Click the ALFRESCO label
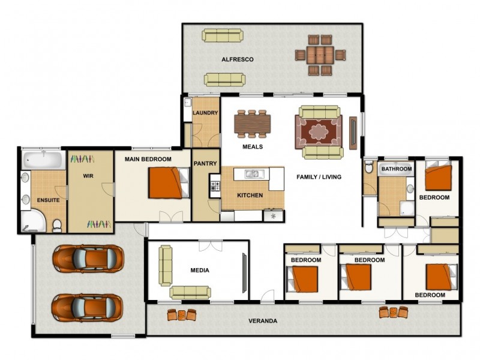[x=238, y=59]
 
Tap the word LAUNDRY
[x=205, y=113]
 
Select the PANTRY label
[x=205, y=163]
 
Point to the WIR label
[x=88, y=176]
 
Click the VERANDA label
[x=263, y=321]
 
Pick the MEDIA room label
[x=200, y=271]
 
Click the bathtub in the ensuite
[x=43, y=160]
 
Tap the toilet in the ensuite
[x=57, y=226]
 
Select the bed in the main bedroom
[x=169, y=183]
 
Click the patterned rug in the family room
[x=319, y=132]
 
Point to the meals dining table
[x=253, y=124]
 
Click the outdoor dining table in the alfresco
[x=320, y=55]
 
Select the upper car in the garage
[x=88, y=259]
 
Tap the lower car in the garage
[x=88, y=308]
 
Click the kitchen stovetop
[x=215, y=185]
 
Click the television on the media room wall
[x=244, y=273]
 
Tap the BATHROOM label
[x=397, y=169]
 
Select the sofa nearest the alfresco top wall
[x=223, y=35]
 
